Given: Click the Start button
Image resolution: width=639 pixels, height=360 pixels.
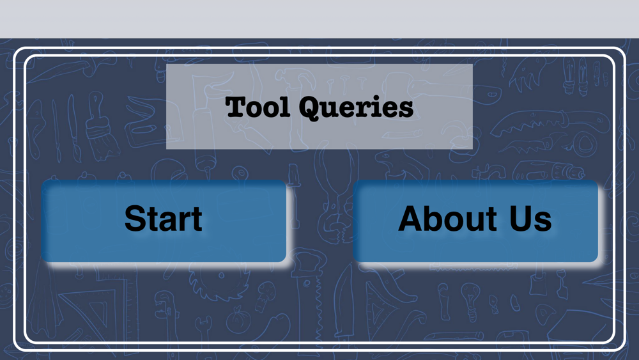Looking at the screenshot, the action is (164, 221).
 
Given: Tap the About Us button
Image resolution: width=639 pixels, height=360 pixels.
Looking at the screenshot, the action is (475, 221).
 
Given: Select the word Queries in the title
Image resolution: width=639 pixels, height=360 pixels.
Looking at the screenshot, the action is (356, 108).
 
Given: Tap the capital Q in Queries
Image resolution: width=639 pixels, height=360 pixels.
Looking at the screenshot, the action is (311, 109).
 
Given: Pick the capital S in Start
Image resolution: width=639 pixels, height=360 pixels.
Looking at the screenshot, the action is (135, 219).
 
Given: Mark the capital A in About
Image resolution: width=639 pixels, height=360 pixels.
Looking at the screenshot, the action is (411, 218).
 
